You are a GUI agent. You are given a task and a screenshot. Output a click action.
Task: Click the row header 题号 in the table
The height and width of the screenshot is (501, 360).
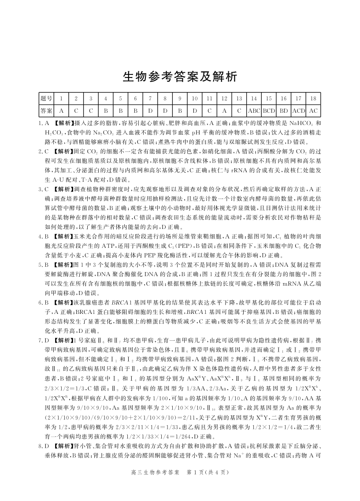pyautogui.click(x=46, y=99)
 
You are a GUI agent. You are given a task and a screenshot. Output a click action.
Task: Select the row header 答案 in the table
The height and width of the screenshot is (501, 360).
pyautogui.click(x=46, y=111)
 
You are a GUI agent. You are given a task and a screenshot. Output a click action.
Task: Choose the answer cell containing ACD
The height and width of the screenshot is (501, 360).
pyautogui.click(x=298, y=111)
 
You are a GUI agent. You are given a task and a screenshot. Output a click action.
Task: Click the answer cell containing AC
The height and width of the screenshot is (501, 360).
pyautogui.click(x=313, y=111)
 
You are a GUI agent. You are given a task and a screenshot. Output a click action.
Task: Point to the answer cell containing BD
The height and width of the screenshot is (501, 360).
pyautogui.click(x=284, y=111)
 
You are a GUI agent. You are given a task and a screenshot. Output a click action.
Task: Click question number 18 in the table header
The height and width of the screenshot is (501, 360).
pyautogui.click(x=313, y=99)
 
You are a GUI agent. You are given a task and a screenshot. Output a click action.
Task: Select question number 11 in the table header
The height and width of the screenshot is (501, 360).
pyautogui.click(x=210, y=99)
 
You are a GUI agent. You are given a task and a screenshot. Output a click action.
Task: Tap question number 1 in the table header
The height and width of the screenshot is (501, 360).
pyautogui.click(x=61, y=99)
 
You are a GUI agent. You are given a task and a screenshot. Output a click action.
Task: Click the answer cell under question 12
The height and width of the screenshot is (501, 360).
pyautogui.click(x=224, y=111)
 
